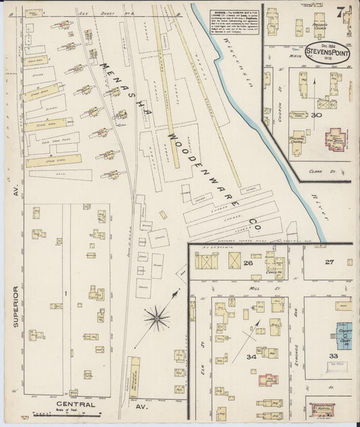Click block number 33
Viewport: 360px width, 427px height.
(x=332, y=355)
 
